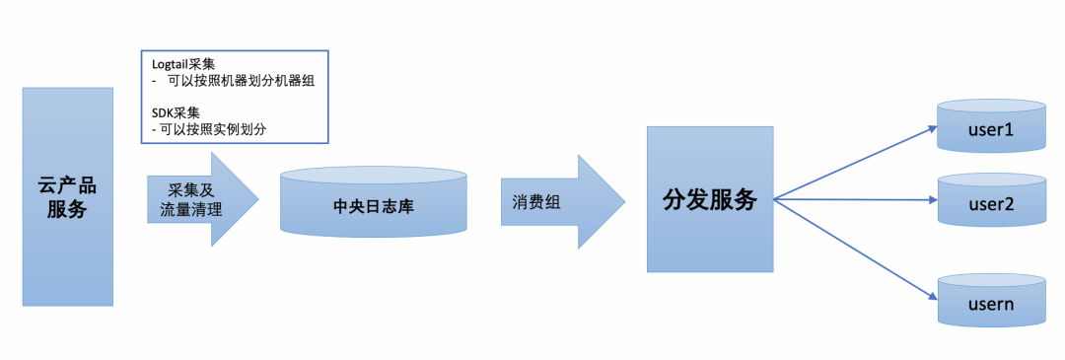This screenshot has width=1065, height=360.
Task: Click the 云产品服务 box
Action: coord(67,195)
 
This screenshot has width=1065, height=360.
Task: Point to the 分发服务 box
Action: coord(709,199)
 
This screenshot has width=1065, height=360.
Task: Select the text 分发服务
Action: coord(709,199)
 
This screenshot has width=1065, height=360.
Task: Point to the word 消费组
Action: coord(536,202)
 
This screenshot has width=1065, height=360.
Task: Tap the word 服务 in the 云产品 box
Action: coord(67,209)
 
